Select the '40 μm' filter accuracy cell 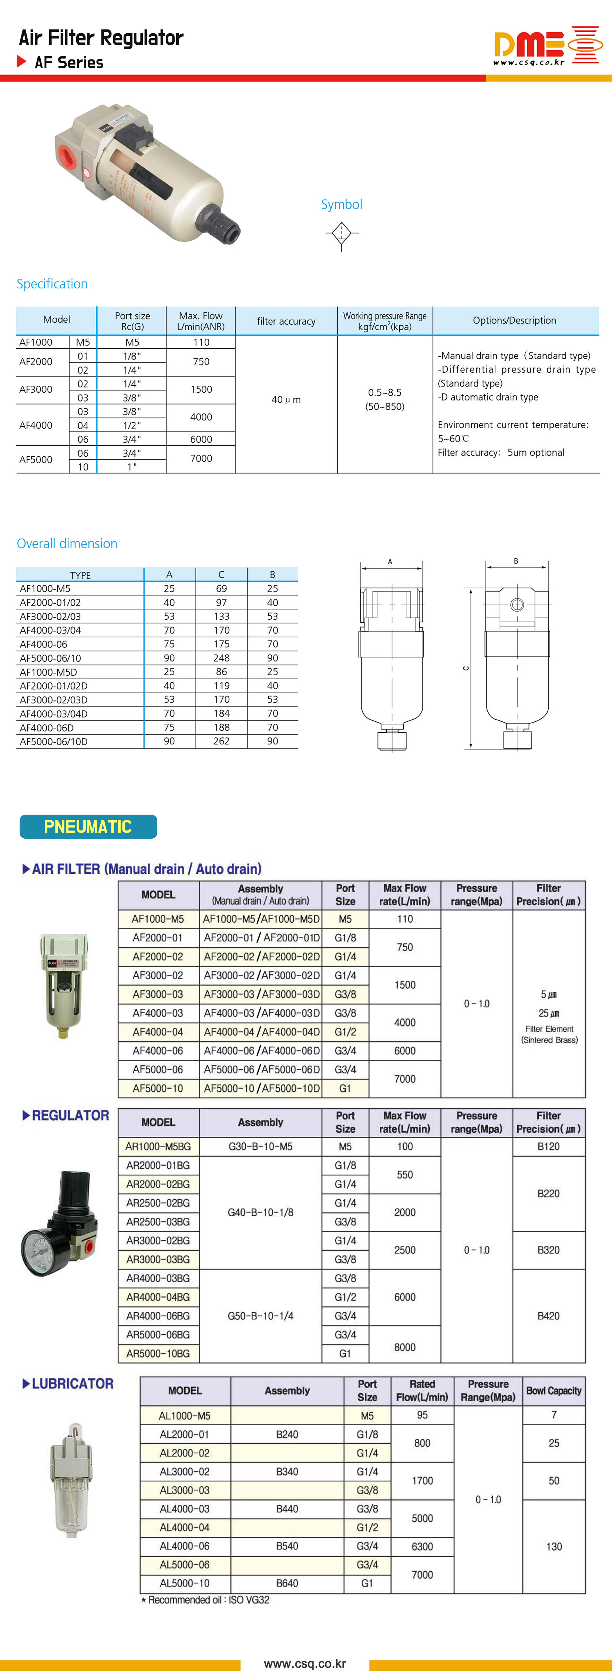tap(286, 400)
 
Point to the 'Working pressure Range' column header tap(385, 320)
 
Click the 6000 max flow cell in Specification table tap(201, 439)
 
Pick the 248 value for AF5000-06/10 tap(221, 658)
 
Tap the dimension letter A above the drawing tap(390, 561)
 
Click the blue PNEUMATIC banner tap(88, 827)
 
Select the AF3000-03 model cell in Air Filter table tap(158, 994)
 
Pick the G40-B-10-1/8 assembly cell tap(260, 1212)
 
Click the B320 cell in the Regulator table tap(548, 1250)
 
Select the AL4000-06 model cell tap(185, 1546)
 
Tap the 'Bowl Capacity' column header tap(554, 1390)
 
